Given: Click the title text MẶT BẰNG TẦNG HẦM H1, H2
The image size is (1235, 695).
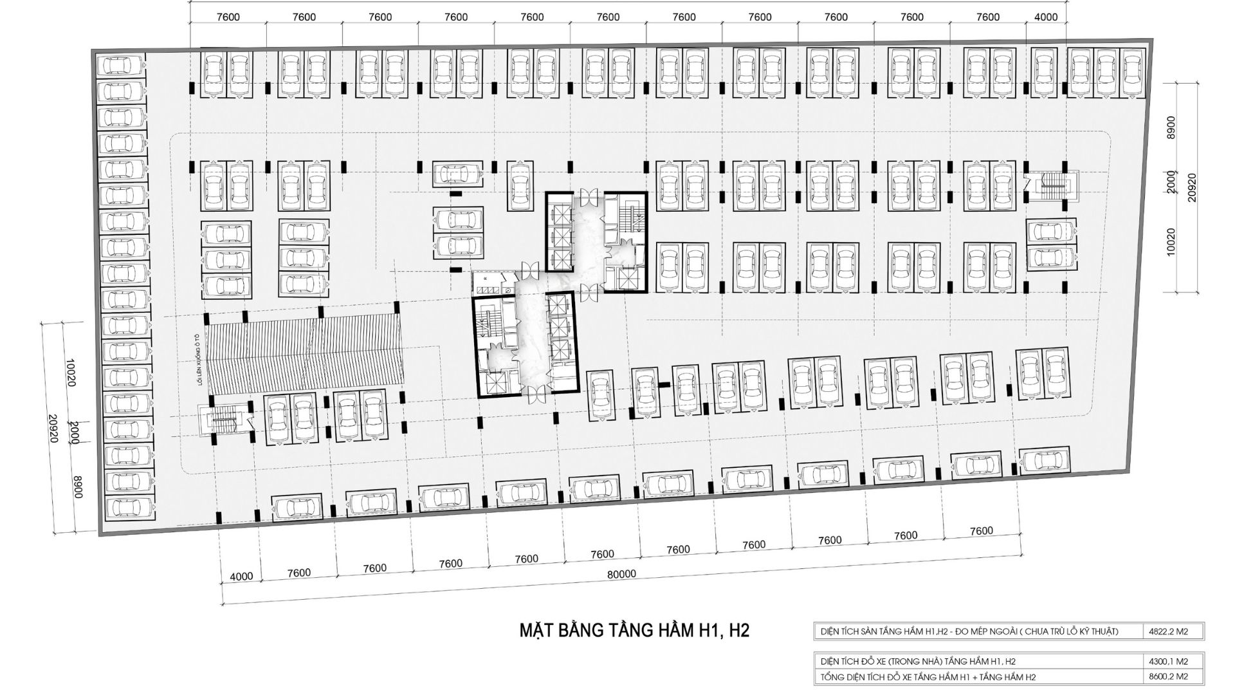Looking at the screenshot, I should point(634,630).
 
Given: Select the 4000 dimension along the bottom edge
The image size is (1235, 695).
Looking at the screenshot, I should point(241,577).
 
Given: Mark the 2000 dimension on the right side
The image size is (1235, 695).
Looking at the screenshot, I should point(1170,183).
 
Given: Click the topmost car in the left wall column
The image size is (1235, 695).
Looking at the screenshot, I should point(122,65).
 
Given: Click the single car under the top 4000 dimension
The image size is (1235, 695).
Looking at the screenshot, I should point(1045,71).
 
